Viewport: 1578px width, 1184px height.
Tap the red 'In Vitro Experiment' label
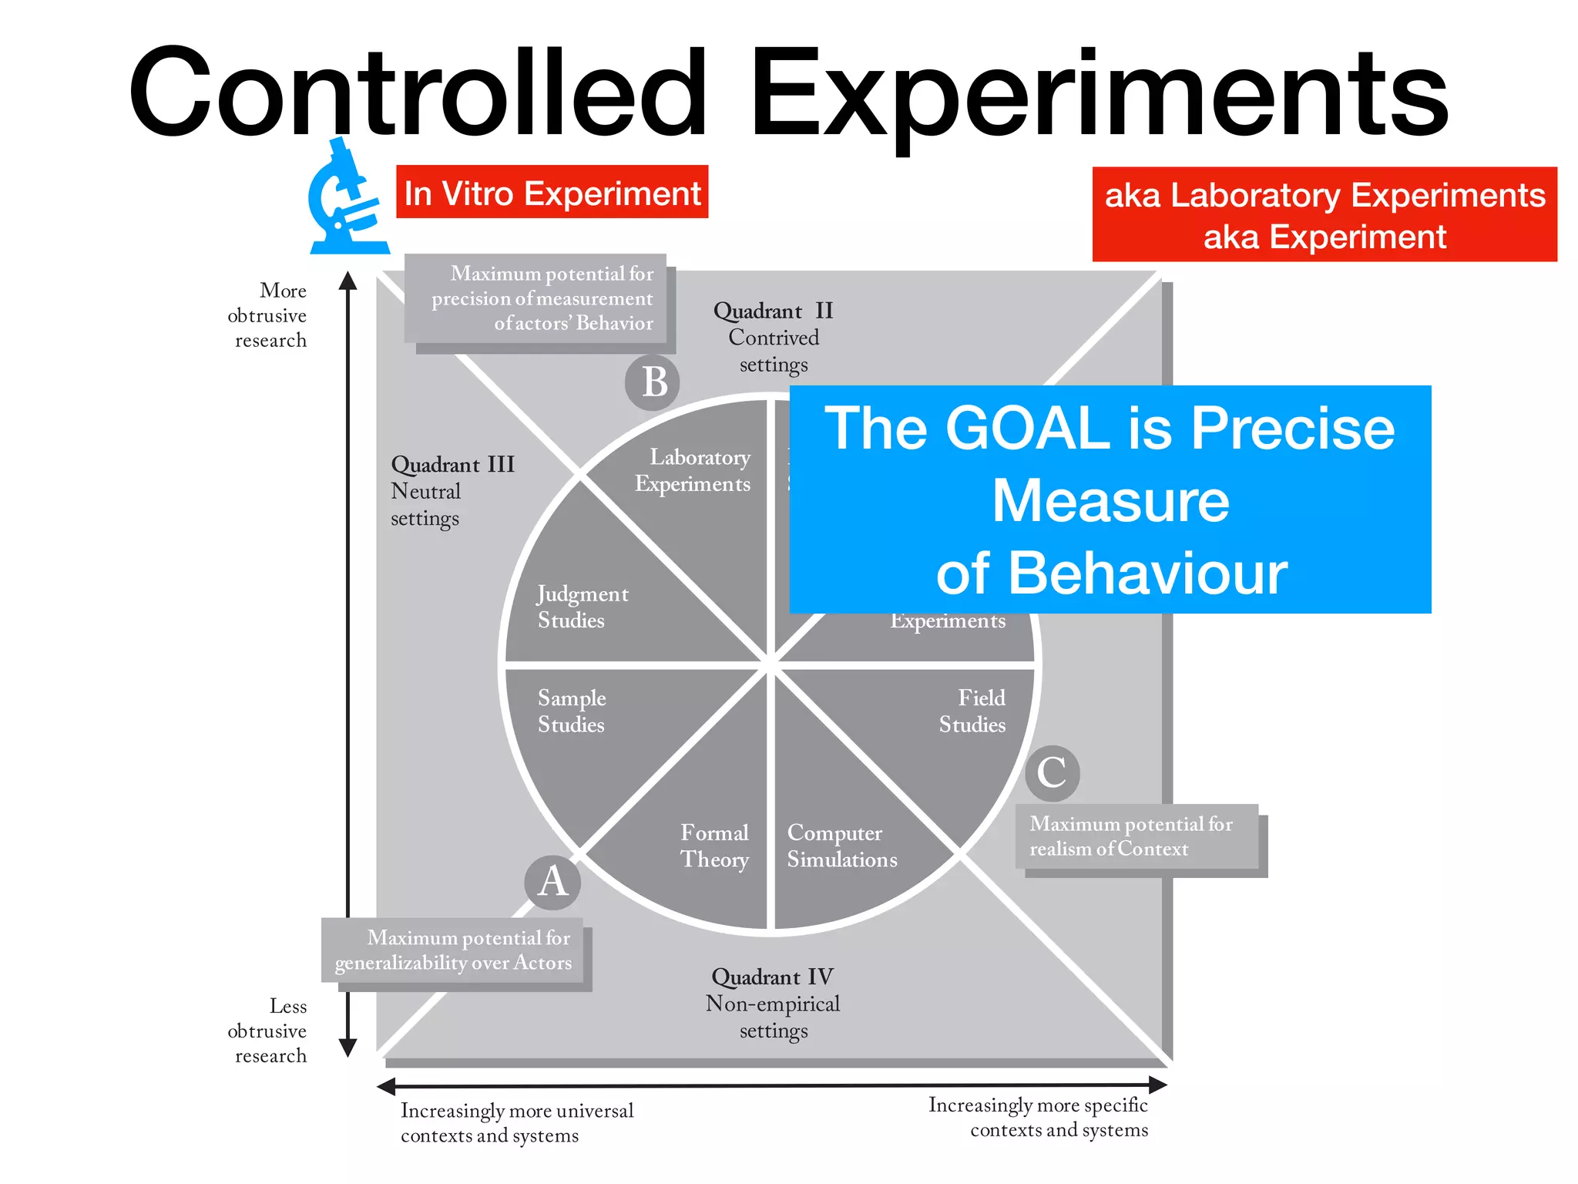(552, 193)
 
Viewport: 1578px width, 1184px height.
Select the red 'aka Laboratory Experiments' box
(1324, 215)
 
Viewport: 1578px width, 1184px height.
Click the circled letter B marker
(653, 382)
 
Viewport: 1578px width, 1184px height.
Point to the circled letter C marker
(1052, 773)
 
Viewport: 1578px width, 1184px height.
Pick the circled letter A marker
(552, 882)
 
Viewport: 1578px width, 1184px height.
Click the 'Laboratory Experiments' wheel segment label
(693, 470)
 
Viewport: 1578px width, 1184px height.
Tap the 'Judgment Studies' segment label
(582, 607)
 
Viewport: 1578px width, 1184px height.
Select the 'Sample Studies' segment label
(571, 711)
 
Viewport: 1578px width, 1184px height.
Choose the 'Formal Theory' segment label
(714, 846)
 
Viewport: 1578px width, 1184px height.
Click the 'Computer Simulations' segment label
(841, 846)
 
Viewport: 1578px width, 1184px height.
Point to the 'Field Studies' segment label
(972, 711)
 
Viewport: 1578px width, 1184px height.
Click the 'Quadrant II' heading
(773, 311)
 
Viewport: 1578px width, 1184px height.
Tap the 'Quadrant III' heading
(452, 465)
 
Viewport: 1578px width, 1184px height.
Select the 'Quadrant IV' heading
(772, 977)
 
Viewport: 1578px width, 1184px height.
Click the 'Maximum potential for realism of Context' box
(1136, 836)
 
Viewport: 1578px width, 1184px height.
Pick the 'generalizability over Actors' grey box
(453, 950)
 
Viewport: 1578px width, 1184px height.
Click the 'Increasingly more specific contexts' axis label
(1038, 1117)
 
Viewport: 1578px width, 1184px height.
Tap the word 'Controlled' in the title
(417, 92)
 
